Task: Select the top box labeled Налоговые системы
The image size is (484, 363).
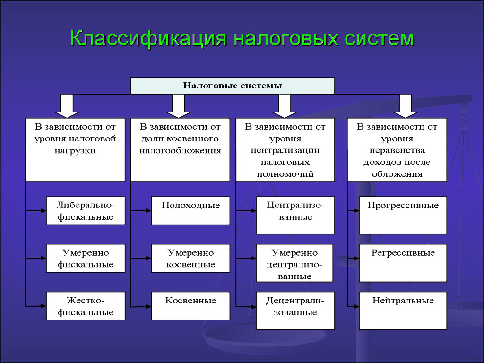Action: (x=232, y=86)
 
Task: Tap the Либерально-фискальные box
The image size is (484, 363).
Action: (x=86, y=211)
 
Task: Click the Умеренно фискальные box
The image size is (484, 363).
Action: (x=86, y=258)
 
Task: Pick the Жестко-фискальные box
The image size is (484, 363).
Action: (x=86, y=306)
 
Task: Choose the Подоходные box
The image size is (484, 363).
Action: (x=190, y=211)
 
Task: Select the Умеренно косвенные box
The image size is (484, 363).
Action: (x=190, y=258)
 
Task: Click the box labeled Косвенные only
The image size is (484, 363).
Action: (x=190, y=306)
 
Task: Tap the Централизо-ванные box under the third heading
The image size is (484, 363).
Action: (x=295, y=215)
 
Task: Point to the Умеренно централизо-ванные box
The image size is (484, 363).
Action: (x=294, y=263)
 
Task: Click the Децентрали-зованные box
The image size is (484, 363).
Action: (x=295, y=311)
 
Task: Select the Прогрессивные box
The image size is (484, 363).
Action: (x=403, y=215)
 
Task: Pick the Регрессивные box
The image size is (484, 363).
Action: (x=403, y=263)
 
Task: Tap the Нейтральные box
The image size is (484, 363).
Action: (x=403, y=311)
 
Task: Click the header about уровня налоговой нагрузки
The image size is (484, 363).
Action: (x=75, y=149)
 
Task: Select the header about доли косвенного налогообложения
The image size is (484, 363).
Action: (x=180, y=149)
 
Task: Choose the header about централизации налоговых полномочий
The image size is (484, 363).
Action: (x=285, y=149)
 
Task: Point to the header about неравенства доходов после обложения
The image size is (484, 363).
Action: (x=397, y=149)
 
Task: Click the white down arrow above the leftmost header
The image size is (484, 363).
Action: (x=66, y=105)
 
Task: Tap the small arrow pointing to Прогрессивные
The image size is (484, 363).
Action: (x=354, y=211)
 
